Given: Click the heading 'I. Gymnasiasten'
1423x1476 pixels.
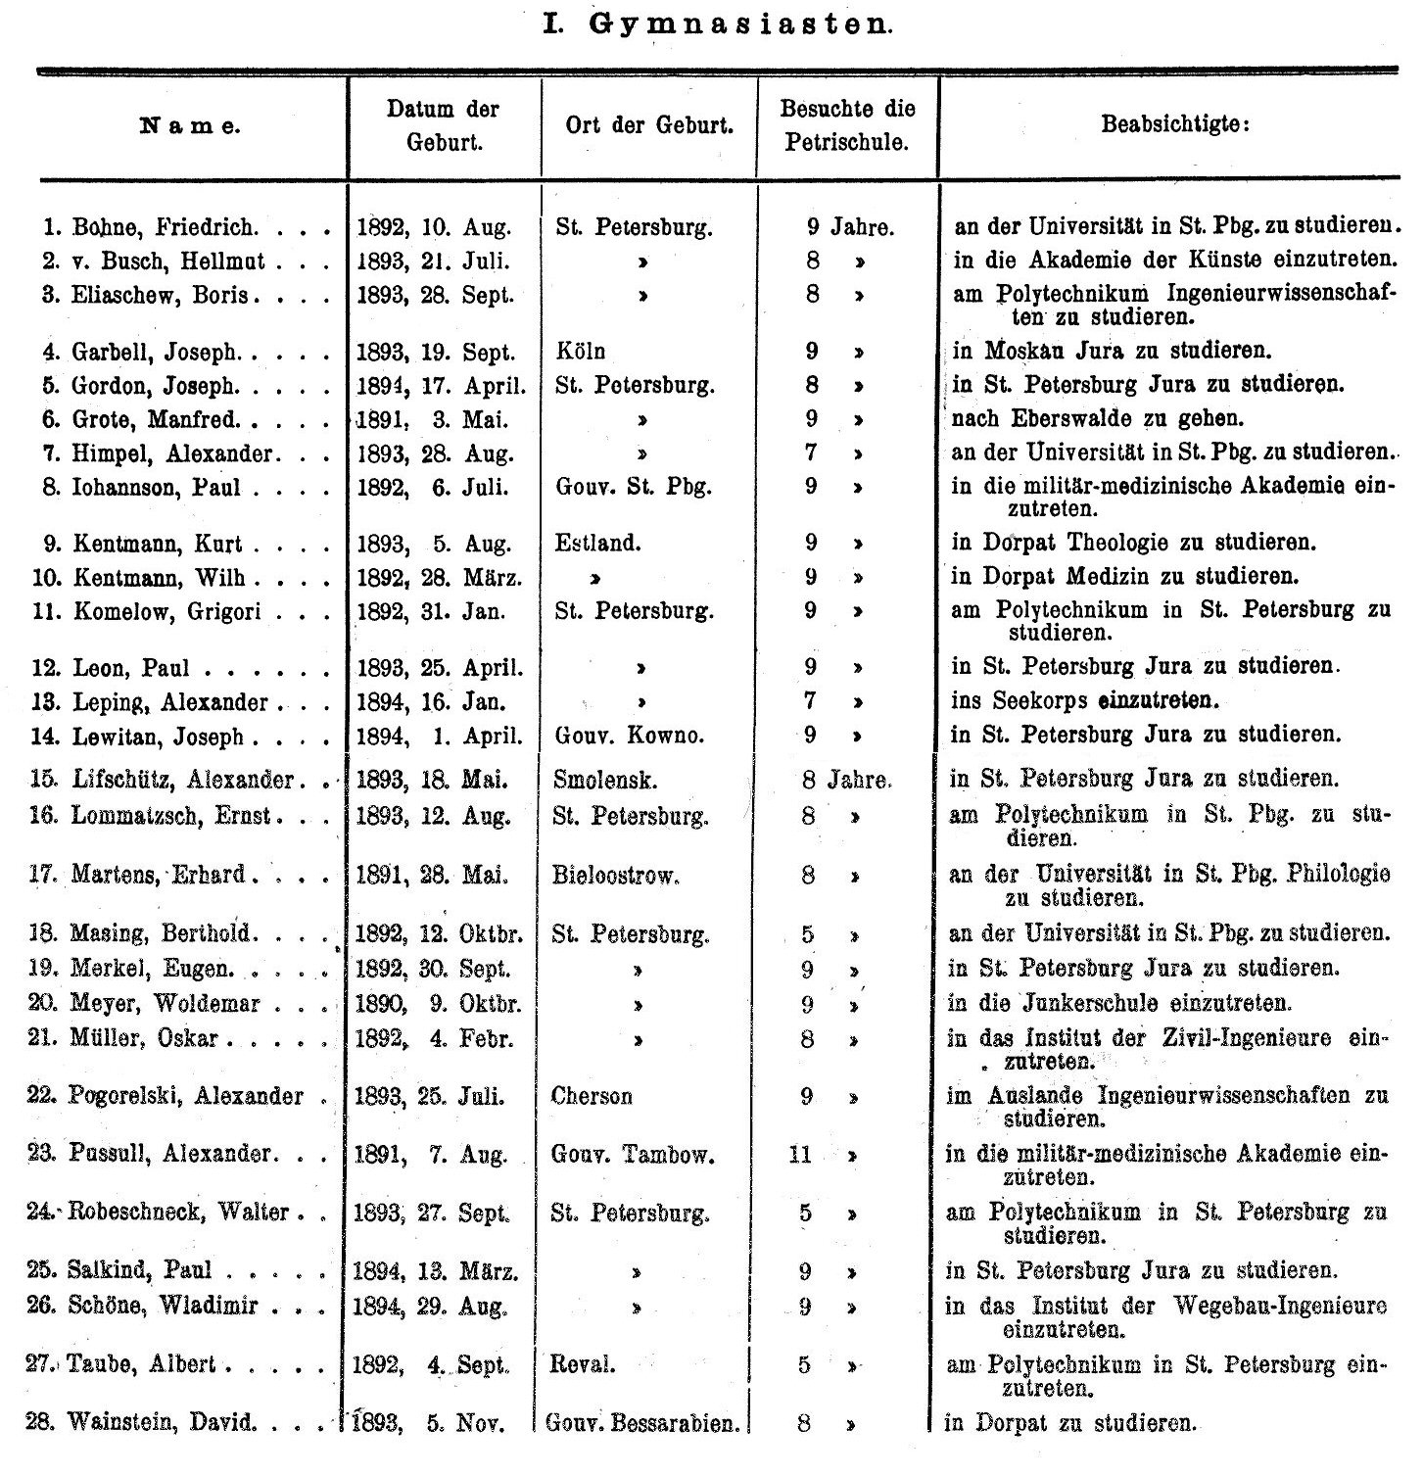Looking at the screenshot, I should [x=717, y=25].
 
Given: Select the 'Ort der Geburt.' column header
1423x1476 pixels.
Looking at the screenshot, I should [x=649, y=126].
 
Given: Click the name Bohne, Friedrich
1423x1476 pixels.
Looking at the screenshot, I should [x=165, y=228].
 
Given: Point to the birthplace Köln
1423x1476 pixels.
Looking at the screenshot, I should [x=580, y=351].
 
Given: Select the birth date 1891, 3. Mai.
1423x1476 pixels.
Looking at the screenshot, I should [x=432, y=419].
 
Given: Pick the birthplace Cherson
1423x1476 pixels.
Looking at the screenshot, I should [x=592, y=1096].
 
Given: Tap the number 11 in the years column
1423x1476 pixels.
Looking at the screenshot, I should [x=800, y=1155].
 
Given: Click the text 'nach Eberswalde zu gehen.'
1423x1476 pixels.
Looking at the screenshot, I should [x=1097, y=419].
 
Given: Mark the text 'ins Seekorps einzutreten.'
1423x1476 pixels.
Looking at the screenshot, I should [x=1085, y=701].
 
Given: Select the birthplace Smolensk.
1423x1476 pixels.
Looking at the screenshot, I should [x=604, y=781].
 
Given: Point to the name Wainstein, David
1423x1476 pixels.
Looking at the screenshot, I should [x=162, y=1423].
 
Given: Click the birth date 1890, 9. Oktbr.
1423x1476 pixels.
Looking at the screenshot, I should [x=437, y=1004].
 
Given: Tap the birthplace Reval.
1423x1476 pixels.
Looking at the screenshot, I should [x=583, y=1364].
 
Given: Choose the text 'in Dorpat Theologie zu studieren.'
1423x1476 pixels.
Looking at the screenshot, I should [x=1134, y=543].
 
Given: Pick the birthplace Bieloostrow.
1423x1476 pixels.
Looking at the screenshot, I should [x=615, y=875].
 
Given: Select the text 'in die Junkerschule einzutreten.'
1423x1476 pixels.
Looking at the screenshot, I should [x=1119, y=1004].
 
